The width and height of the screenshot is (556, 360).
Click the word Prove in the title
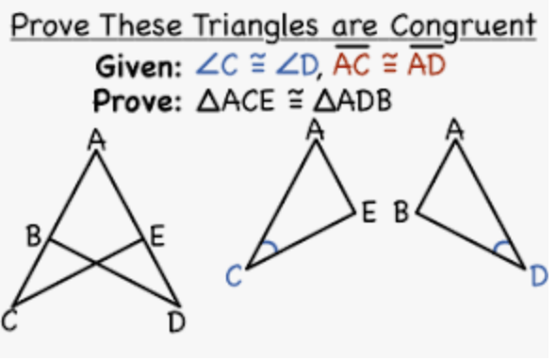point(50,25)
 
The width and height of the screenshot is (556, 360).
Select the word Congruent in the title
point(464,25)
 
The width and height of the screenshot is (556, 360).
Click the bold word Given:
point(139,66)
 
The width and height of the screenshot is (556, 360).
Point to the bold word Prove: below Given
point(138,101)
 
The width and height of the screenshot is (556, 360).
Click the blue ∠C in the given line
point(217,65)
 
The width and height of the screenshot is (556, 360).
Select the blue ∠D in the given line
point(297,66)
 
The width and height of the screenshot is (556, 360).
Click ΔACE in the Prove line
point(236,101)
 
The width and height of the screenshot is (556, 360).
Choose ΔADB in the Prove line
point(352,101)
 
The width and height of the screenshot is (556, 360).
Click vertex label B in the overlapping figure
point(34,236)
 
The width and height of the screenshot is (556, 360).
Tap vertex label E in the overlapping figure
point(157,237)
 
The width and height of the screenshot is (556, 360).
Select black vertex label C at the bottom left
point(9,321)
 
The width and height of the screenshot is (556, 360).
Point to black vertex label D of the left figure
point(176,322)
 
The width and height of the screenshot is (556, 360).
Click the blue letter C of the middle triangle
point(234,276)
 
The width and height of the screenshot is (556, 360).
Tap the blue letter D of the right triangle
point(539,276)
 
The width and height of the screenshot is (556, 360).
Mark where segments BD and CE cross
point(96,263)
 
